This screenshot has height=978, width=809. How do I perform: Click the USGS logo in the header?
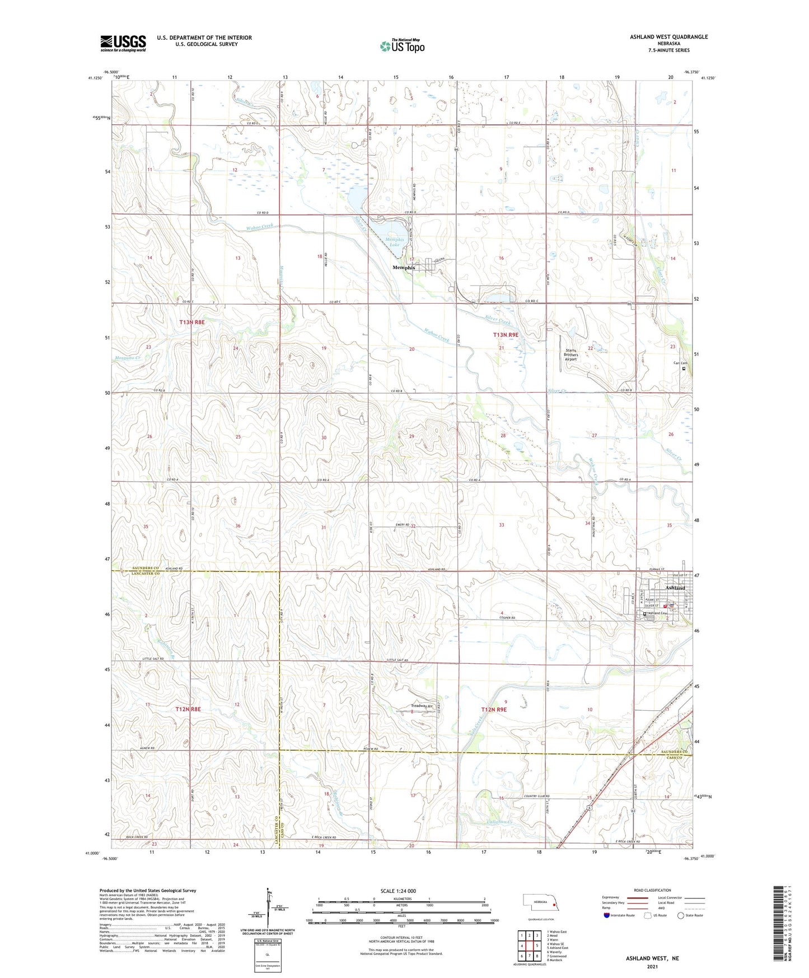[x=123, y=43]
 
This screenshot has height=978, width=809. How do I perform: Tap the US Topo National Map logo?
[x=402, y=45]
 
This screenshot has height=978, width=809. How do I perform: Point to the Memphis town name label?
[x=404, y=268]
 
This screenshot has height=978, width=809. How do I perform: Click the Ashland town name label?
[x=675, y=588]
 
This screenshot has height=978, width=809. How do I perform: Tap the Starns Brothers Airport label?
[x=570, y=355]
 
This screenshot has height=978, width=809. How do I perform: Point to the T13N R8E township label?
[x=192, y=322]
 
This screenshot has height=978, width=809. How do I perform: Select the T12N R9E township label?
[x=494, y=710]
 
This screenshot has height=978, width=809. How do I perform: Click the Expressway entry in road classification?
[x=612, y=897]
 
